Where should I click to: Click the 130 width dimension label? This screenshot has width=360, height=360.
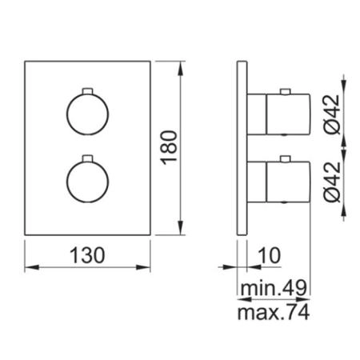click(87, 255)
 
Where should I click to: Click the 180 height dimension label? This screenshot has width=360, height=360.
click(169, 147)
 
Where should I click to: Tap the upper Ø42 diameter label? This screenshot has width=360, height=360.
click(332, 114)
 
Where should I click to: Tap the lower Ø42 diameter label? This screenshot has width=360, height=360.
click(332, 182)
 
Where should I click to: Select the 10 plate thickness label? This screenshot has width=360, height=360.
click(270, 255)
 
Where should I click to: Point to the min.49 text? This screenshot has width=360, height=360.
click(274, 288)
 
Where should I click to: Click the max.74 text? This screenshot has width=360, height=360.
click(274, 312)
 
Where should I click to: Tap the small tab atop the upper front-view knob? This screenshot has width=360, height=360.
click(87, 91)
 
